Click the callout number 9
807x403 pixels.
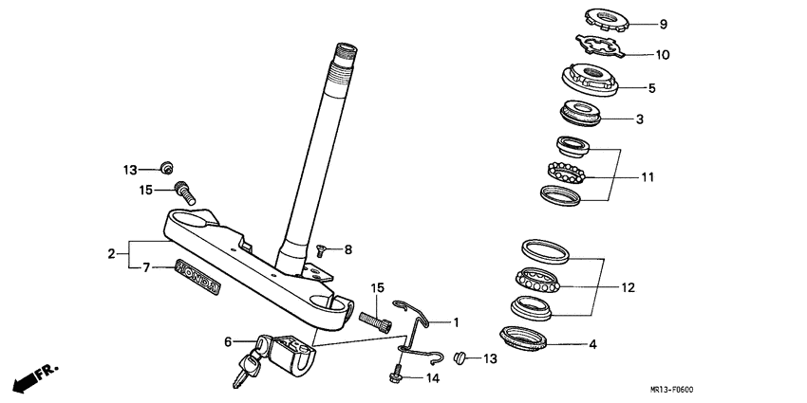664,24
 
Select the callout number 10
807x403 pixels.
663,55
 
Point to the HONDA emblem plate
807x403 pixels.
199,277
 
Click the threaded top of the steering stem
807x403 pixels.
345,57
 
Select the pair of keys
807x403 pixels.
246,365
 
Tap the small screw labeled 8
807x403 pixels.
321,251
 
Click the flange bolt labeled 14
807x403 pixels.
397,375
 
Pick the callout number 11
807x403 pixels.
647,177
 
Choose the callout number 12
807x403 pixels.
628,287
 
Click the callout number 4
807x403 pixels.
592,344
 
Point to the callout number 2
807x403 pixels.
111,254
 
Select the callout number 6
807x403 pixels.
228,340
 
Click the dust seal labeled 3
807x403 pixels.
580,113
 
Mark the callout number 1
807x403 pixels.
456,322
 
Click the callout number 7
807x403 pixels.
146,267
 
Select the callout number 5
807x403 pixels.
652,88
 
